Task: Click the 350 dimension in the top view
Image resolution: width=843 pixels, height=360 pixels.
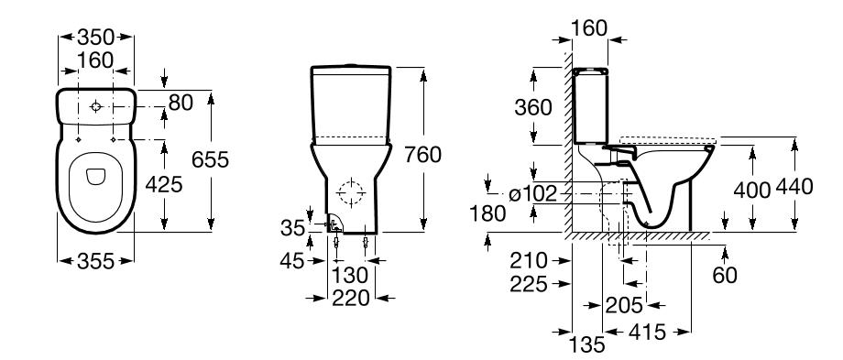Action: point(95,37)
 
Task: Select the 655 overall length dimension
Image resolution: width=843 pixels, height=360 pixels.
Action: point(210,159)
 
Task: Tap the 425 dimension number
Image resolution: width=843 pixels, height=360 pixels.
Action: point(164,185)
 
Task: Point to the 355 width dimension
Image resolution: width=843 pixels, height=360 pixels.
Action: point(95,262)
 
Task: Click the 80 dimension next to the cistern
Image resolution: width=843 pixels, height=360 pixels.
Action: point(181,103)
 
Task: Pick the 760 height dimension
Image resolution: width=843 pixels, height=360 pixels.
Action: point(422,155)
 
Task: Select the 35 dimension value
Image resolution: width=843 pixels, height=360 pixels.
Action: point(293,228)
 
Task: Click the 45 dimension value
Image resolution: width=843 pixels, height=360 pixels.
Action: point(292,261)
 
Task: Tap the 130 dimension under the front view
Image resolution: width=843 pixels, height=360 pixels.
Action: point(350,276)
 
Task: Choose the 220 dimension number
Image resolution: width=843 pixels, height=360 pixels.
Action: point(351,298)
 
